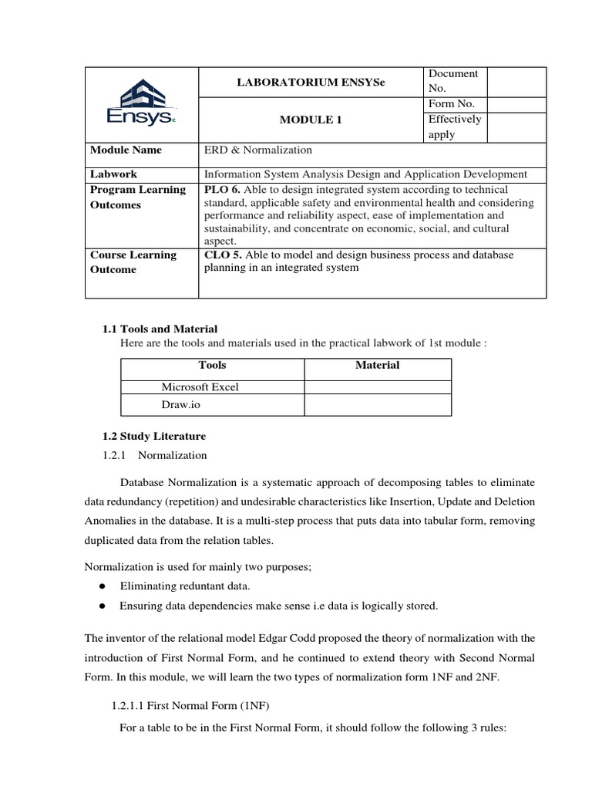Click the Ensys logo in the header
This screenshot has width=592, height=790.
coord(141,106)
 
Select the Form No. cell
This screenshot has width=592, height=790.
coord(452,104)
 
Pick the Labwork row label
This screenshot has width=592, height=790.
coord(113,174)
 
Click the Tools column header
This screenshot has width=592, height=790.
coord(212,365)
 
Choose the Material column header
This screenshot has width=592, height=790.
coord(377,365)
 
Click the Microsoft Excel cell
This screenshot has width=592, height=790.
coord(200,387)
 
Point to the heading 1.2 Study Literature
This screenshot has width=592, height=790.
coord(154,437)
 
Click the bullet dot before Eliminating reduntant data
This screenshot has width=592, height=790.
coord(103,586)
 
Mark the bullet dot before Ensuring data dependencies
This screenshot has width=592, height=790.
coord(103,606)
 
